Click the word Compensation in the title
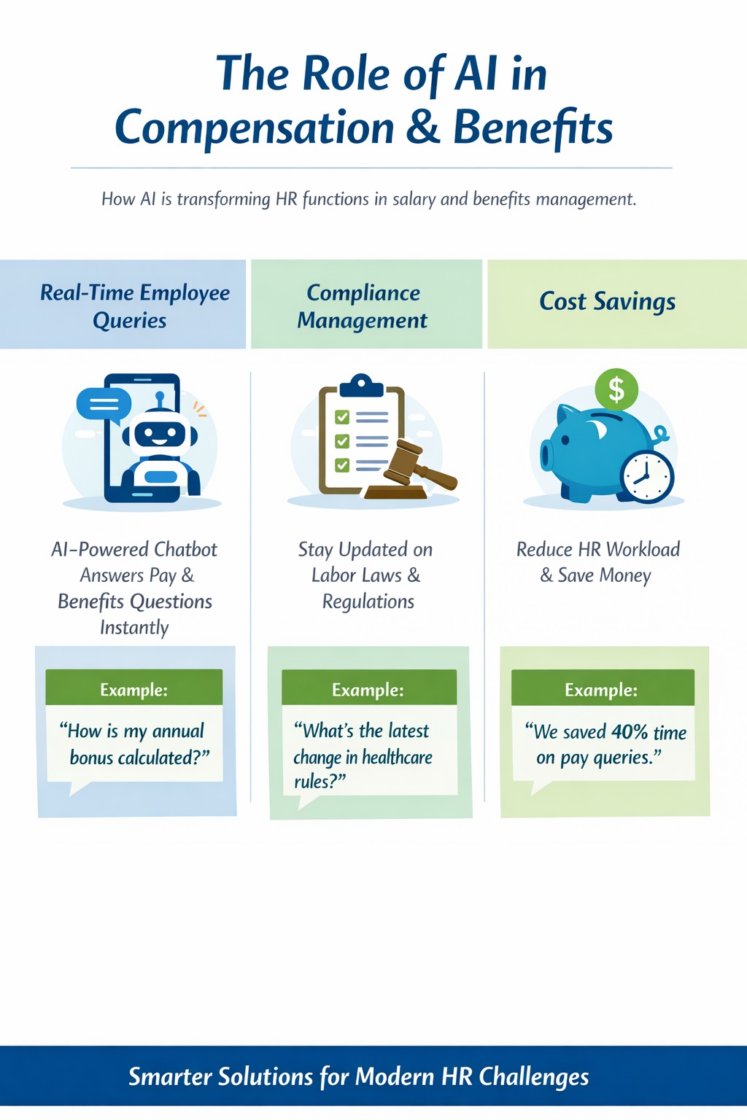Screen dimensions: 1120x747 point(254,128)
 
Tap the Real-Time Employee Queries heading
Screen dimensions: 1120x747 point(134,306)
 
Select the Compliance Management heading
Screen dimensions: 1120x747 point(363,306)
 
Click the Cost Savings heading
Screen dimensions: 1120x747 point(607,301)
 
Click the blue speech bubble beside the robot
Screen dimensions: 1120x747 point(104,403)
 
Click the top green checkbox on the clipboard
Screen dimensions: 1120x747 point(342,417)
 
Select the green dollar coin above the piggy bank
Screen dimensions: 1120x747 point(616,389)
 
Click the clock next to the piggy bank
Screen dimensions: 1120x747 point(647,477)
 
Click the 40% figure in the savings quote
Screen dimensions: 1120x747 point(630,732)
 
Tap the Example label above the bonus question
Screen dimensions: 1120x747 point(133,690)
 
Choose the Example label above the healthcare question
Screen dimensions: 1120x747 point(368,690)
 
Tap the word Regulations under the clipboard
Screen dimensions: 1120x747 point(368,602)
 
